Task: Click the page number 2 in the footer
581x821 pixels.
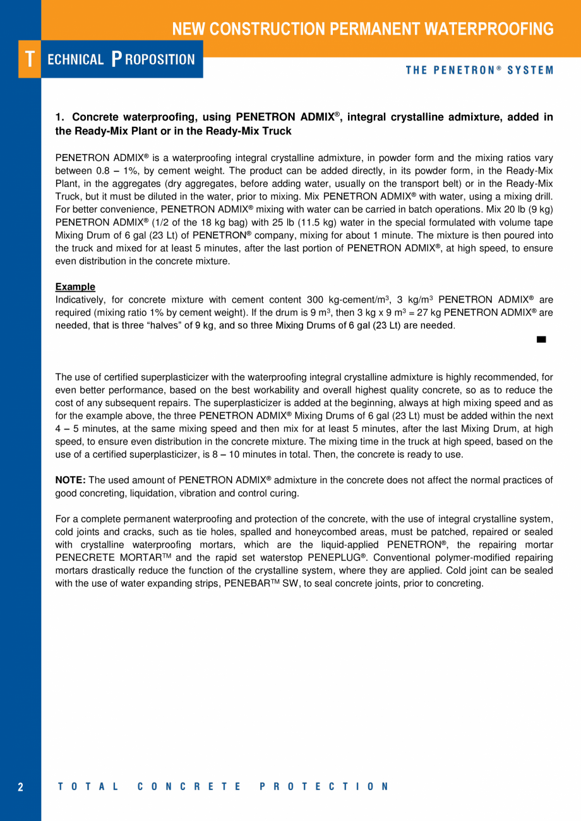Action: pos(20,787)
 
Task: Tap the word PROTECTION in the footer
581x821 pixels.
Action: pos(324,787)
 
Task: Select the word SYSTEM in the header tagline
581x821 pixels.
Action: pos(530,70)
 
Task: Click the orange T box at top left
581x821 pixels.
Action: pos(29,59)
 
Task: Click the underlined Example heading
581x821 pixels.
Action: pos(75,287)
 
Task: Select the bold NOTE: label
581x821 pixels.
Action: pos(71,481)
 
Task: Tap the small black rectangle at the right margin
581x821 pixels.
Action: pos(541,340)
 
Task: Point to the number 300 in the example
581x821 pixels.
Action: pos(315,299)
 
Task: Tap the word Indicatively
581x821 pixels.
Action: pos(79,299)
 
